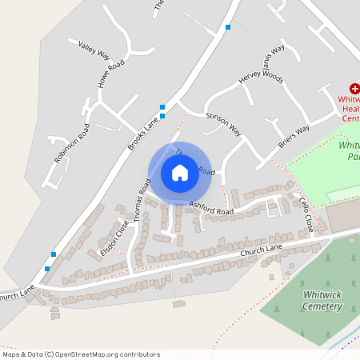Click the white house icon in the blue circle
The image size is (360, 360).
[x=180, y=172]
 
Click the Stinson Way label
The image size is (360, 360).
[x=223, y=122]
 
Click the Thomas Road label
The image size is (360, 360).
[x=142, y=199]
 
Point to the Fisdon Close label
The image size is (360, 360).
[x=115, y=238]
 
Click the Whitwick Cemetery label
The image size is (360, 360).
[x=322, y=300]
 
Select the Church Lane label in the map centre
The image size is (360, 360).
[x=262, y=252]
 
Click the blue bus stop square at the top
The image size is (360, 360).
[x=228, y=27]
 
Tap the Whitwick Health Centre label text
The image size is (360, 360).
[x=352, y=108]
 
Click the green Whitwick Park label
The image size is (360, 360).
[x=350, y=151]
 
